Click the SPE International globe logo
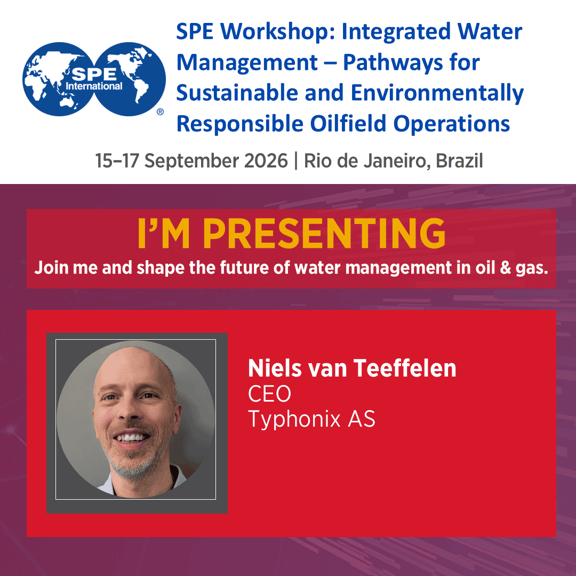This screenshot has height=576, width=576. (x=94, y=79)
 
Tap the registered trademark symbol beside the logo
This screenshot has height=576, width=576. (x=160, y=111)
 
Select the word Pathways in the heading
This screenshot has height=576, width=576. (x=393, y=62)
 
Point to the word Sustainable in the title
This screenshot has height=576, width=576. (x=237, y=92)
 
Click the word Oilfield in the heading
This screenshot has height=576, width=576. (x=348, y=123)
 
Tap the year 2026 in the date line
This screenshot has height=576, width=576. (x=266, y=161)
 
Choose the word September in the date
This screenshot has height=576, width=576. (x=191, y=162)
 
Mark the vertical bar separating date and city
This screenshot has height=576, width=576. (x=295, y=161)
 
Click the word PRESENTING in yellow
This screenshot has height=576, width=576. (x=324, y=234)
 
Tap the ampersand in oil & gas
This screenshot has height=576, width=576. (x=506, y=268)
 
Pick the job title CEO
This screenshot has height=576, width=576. (x=270, y=394)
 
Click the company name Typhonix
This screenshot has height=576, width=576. (x=294, y=420)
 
